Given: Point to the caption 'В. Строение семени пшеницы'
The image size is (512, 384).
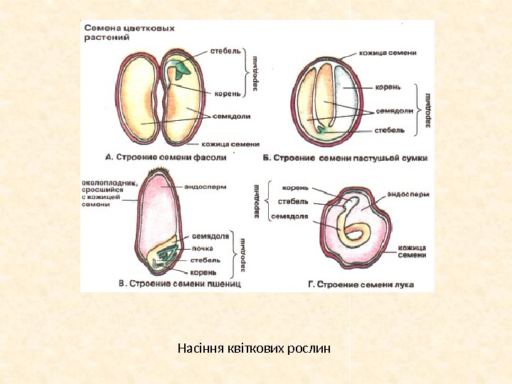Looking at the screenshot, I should [x=180, y=284].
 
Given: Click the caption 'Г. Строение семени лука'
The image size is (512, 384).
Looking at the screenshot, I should [x=361, y=284].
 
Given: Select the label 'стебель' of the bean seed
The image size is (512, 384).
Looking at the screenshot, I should [x=226, y=50].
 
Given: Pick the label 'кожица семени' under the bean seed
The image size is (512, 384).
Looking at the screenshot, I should [x=230, y=142].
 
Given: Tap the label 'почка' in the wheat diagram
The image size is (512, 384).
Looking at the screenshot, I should [x=202, y=248].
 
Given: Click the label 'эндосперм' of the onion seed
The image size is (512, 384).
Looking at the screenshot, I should [x=409, y=193].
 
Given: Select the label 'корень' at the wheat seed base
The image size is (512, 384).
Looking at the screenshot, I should [x=203, y=272].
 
